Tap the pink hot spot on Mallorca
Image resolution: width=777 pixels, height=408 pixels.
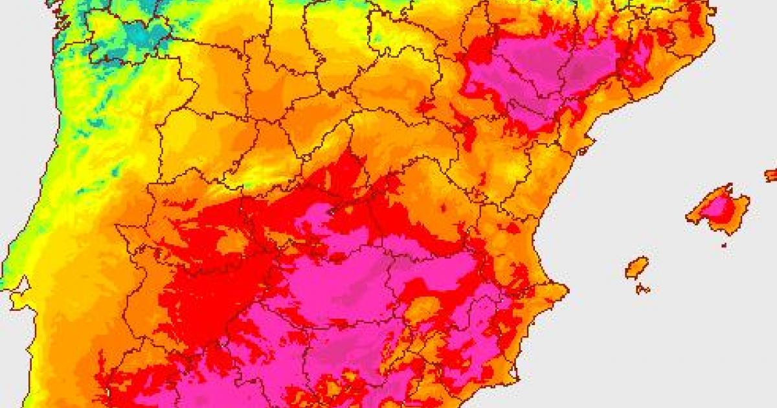coord(717,207)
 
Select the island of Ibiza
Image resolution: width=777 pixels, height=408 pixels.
coord(636,267)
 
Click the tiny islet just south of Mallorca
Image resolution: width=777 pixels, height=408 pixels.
coord(724,244)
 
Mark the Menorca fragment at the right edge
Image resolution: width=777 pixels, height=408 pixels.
coord(771,175)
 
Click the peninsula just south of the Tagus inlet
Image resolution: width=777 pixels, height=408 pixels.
coord(19,304)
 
